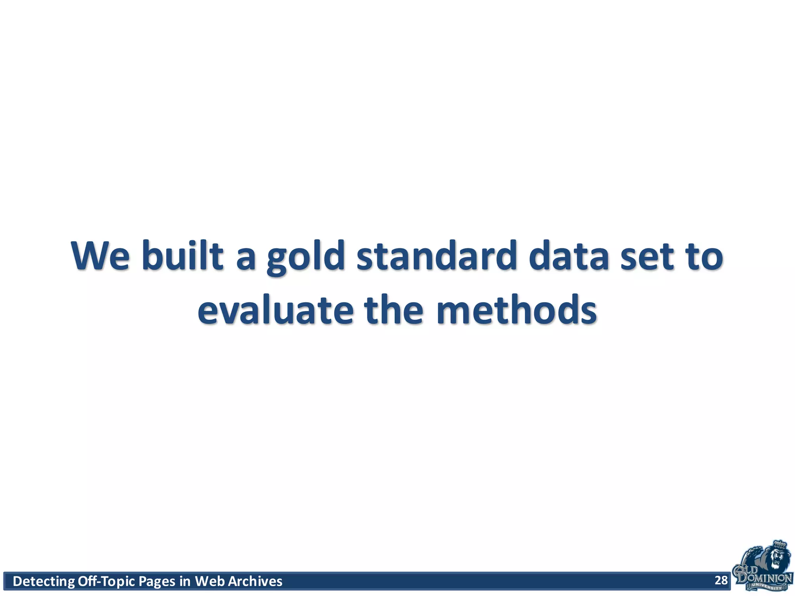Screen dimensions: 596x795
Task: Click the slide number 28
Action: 721,580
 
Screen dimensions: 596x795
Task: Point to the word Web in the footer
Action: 210,581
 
